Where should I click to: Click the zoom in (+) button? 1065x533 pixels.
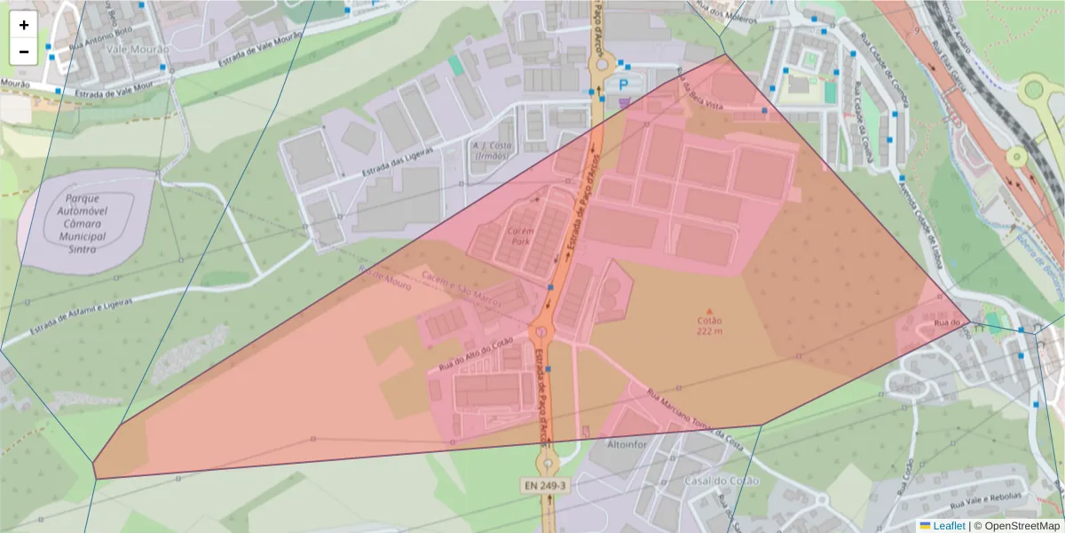24,26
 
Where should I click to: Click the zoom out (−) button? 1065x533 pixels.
24,52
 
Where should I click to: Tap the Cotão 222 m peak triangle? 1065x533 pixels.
708,311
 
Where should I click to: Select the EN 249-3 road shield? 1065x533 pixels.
544,486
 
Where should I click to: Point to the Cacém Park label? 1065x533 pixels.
520,235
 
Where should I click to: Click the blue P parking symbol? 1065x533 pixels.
624,84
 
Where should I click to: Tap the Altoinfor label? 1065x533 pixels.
629,442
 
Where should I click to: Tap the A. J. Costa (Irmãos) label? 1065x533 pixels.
491,150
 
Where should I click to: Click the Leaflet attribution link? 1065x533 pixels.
949,526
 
